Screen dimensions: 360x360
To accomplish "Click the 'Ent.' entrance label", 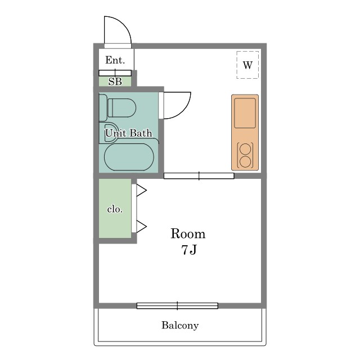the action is click(x=115, y=60).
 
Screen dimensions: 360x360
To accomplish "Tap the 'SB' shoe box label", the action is click(x=115, y=82).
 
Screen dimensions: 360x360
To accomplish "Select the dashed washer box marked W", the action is click(x=247, y=65).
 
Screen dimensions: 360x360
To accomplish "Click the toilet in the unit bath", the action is click(x=118, y=107).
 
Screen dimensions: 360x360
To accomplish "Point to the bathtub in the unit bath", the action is click(x=129, y=157).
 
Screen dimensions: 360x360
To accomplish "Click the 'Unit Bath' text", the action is click(x=129, y=133).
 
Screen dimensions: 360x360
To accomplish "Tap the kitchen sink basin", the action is click(x=245, y=113).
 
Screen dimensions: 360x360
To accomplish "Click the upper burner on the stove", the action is click(x=245, y=148).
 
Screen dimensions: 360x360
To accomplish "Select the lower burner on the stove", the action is click(x=245, y=162).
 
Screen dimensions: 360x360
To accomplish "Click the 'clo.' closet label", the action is click(x=115, y=209).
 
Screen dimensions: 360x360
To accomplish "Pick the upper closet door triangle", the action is click(x=141, y=190).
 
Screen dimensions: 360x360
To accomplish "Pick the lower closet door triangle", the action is click(x=141, y=226).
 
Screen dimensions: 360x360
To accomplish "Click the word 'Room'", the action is click(x=188, y=234).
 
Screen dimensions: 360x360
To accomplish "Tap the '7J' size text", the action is click(x=189, y=250).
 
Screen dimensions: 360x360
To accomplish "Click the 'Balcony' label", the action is click(x=180, y=325).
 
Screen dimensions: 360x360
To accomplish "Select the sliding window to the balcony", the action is click(x=177, y=305).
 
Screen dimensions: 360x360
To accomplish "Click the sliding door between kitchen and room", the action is click(x=199, y=176).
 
